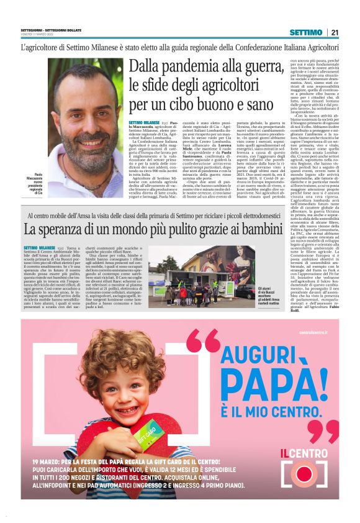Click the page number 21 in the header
(335, 32)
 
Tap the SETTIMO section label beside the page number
(306, 32)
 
